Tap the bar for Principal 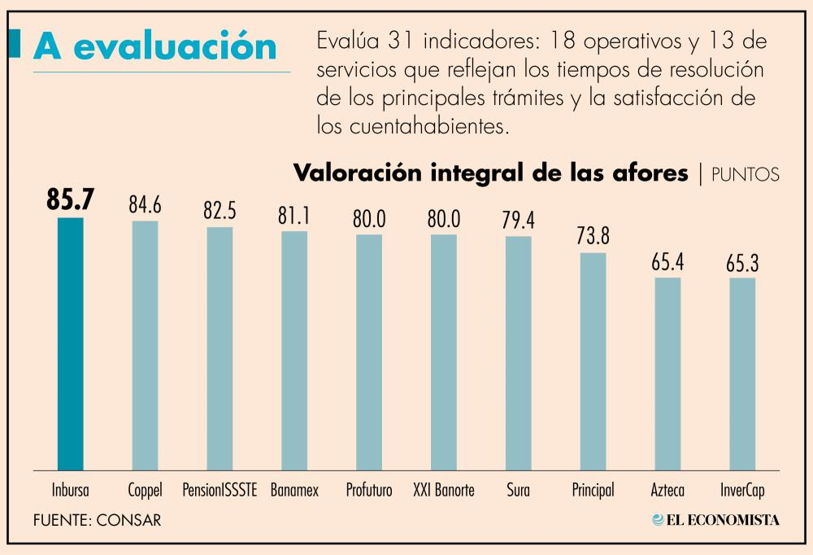click(x=593, y=361)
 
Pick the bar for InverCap click(x=741, y=374)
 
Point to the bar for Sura click(x=518, y=353)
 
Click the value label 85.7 click(x=71, y=201)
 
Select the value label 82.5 click(x=220, y=211)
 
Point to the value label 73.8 click(x=593, y=237)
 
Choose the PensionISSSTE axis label click(x=220, y=491)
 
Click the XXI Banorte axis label click(x=443, y=491)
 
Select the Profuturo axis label click(x=369, y=491)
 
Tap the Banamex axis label click(x=294, y=491)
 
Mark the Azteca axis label click(x=667, y=491)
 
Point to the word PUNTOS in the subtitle click(x=746, y=173)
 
